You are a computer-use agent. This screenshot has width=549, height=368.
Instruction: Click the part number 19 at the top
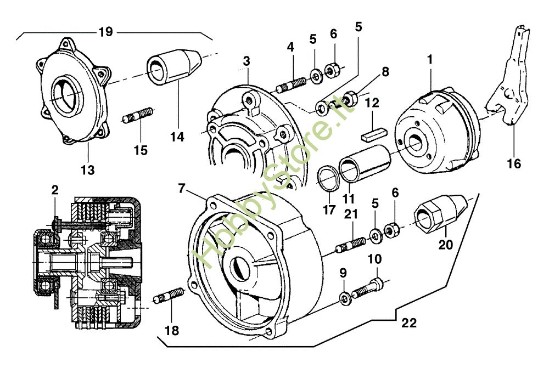(106, 32)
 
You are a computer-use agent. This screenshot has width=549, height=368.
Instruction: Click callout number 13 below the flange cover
(88, 170)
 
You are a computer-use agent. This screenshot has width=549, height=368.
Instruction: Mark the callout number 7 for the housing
(182, 188)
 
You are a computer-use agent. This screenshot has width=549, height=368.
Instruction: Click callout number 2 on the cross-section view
(54, 190)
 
